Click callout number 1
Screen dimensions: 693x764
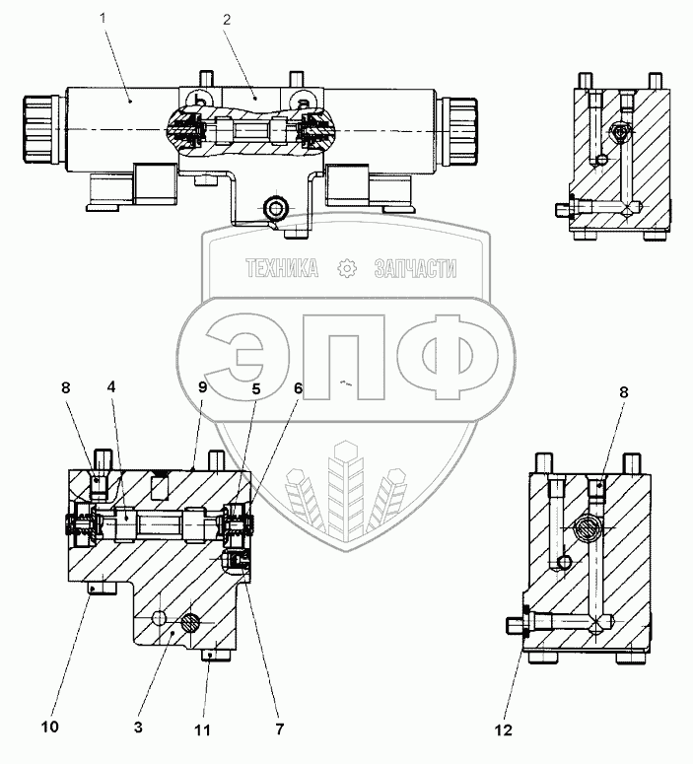(104, 17)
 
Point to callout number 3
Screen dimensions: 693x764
(138, 729)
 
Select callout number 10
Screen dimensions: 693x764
(50, 729)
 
